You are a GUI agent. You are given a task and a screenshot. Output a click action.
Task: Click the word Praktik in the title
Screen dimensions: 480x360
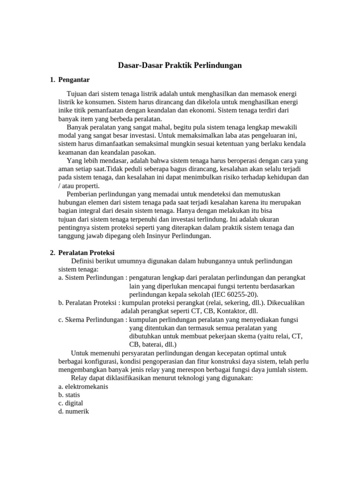click(x=178, y=66)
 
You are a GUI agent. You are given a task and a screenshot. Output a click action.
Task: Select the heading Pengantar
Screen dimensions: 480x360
click(x=74, y=80)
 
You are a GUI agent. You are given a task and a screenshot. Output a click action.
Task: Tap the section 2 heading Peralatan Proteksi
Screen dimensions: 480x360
click(x=86, y=253)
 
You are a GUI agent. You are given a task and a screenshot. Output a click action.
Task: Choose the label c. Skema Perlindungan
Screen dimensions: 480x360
click(x=91, y=319)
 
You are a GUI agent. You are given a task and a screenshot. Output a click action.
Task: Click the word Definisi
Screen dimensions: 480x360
click(x=83, y=261)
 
